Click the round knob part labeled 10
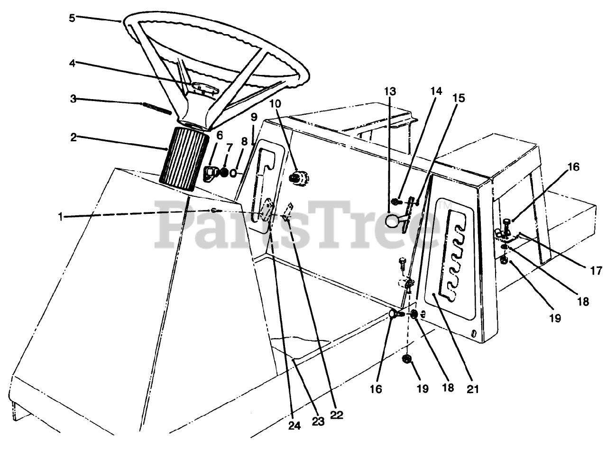[297, 178]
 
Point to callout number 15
[459, 98]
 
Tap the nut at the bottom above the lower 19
[406, 359]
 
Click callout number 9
[254, 116]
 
